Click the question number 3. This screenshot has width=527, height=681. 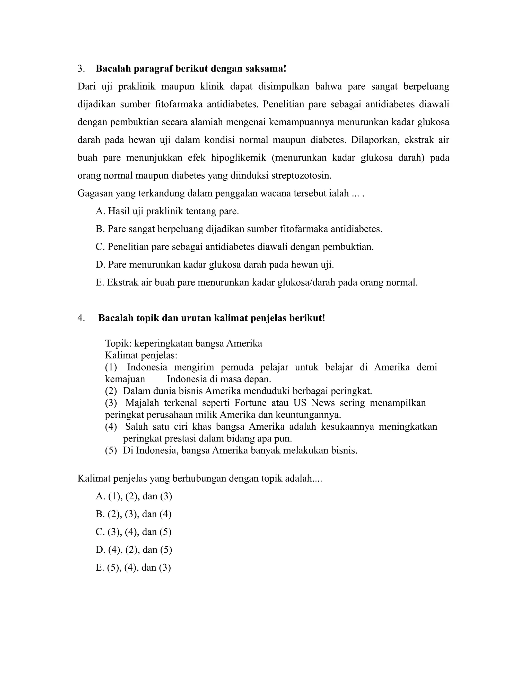81,69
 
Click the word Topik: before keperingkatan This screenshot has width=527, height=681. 118,343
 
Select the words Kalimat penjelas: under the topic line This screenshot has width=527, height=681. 141,355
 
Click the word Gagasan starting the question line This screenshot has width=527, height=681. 95,194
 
